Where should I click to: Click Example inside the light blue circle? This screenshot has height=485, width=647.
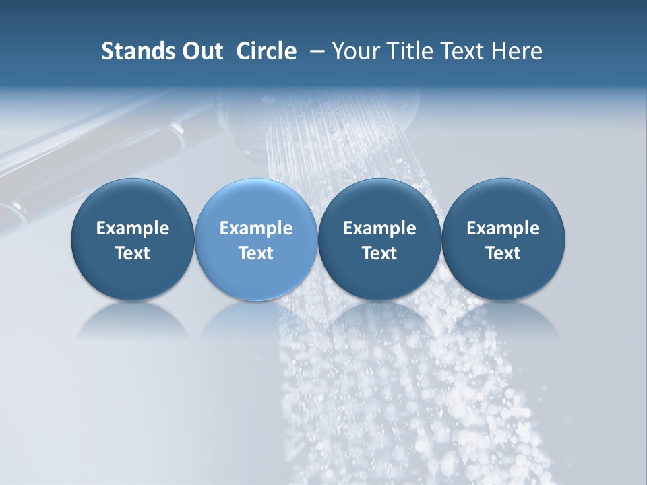pyautogui.click(x=256, y=228)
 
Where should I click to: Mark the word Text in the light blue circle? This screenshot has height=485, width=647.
pyautogui.click(x=256, y=253)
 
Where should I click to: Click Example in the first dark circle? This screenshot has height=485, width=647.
pyautogui.click(x=133, y=228)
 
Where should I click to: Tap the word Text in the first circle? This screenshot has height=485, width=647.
pyautogui.click(x=133, y=253)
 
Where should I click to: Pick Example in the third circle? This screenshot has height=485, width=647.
pyautogui.click(x=379, y=228)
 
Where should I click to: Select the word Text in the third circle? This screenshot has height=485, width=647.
pyautogui.click(x=379, y=253)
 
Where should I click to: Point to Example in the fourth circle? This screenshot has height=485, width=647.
pyautogui.click(x=503, y=228)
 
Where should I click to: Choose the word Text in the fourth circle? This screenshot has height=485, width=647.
pyautogui.click(x=503, y=253)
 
